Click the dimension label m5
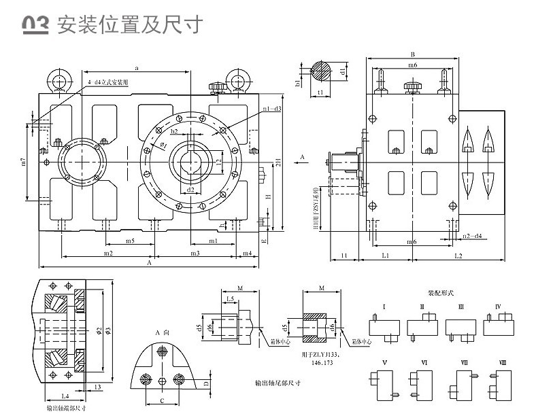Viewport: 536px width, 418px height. tap(129, 241)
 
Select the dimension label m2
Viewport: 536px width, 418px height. tap(107, 253)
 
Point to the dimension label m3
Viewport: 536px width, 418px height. tap(195, 253)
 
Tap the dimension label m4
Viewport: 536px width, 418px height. tap(247, 253)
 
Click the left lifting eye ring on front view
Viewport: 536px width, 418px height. tap(57, 80)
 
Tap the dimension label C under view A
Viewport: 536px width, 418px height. tap(161, 401)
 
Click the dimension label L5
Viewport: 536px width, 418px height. tap(230, 299)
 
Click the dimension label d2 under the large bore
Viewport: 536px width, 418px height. tap(190, 190)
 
